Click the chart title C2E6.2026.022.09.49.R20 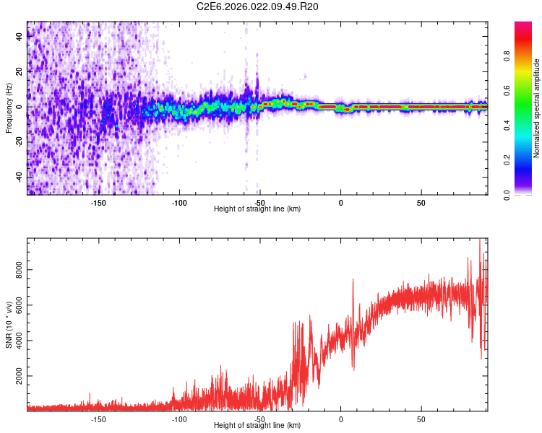(x=258, y=6)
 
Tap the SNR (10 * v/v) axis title (x=9, y=325)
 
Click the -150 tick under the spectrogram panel (x=99, y=203)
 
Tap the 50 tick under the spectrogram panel (x=421, y=203)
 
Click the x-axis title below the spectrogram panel (x=257, y=209)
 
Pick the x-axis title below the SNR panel (x=257, y=426)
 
